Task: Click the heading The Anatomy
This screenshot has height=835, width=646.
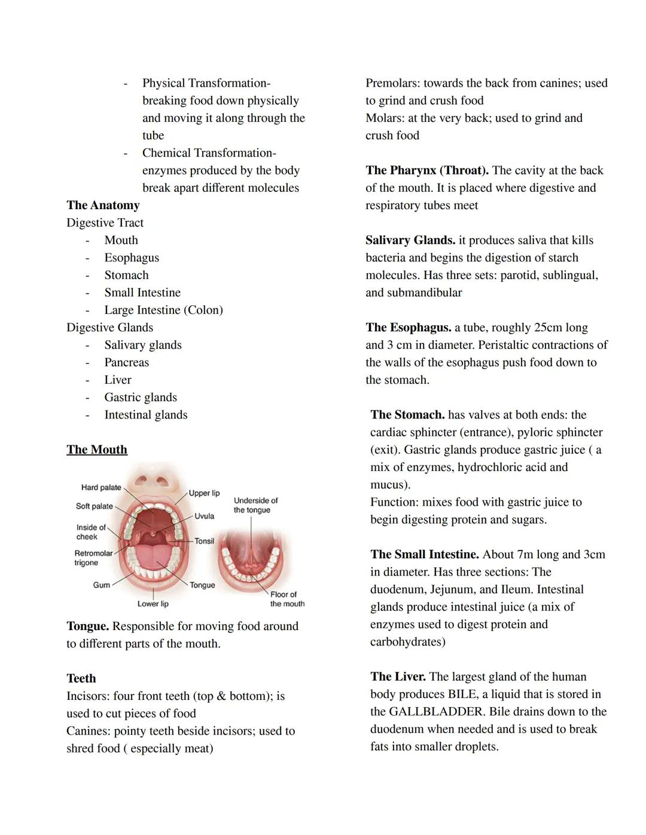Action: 103,205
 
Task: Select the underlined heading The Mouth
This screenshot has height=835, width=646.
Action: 97,449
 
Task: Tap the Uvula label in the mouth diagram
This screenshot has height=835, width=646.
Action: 204,516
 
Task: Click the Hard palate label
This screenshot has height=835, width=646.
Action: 101,488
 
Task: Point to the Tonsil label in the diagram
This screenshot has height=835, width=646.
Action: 204,541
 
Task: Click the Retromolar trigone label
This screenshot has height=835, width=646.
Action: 93,558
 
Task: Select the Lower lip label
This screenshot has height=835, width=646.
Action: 153,604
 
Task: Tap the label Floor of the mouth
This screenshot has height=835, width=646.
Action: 287,599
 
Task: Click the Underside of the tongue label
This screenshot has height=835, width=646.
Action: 255,505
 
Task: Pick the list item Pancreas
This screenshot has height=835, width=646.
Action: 126,362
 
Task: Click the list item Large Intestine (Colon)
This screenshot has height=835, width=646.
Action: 163,310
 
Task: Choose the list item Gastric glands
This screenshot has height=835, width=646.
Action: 141,397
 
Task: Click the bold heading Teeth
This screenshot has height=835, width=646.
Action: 81,678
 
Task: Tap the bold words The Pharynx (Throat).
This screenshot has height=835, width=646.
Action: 427,170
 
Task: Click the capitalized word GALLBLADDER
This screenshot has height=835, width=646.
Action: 435,711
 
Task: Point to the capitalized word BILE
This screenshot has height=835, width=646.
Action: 463,694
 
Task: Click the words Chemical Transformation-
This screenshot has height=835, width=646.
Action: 209,153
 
